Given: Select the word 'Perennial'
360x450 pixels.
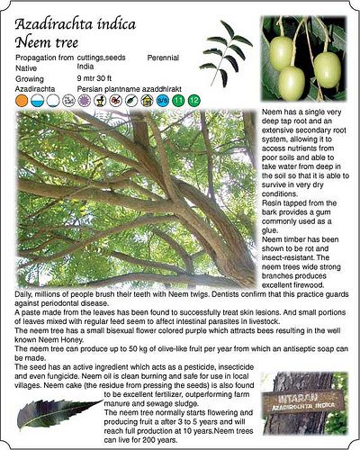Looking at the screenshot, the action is point(164,58).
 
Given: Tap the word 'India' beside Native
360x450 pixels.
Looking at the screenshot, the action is point(86,67).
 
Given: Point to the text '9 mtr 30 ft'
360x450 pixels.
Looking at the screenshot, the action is point(99,79).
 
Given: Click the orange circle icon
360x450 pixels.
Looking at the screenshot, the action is point(22,101).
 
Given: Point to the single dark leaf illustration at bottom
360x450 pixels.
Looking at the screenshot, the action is point(58,411).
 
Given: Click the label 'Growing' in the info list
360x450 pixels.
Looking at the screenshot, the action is point(30,79).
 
